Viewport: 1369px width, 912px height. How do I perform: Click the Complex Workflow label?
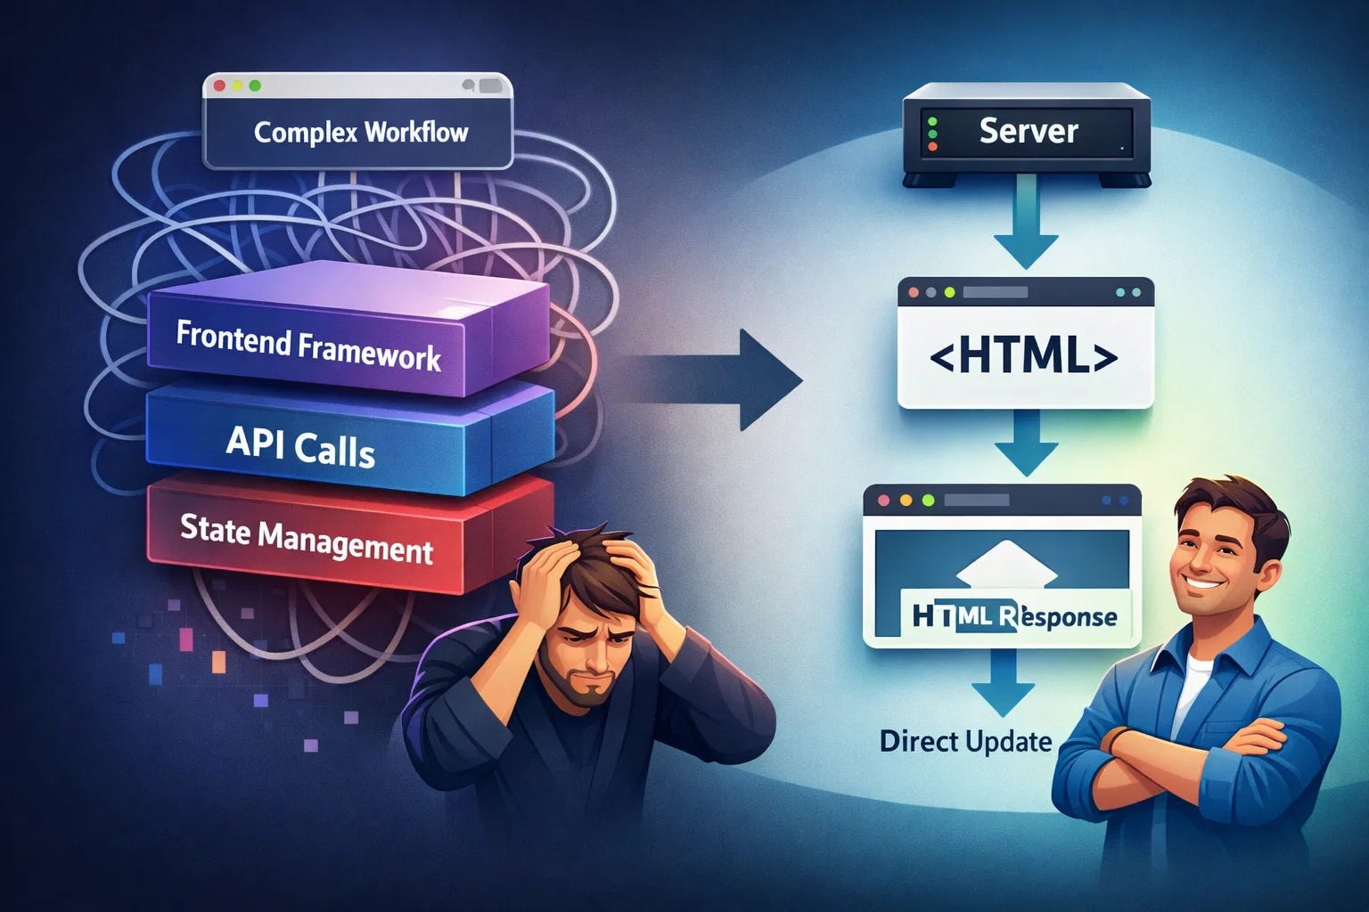[x=361, y=133]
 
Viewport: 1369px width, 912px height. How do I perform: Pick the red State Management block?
[x=349, y=533]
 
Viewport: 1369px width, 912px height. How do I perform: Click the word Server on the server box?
[x=1029, y=131]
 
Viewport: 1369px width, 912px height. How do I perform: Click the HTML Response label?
[x=1014, y=615]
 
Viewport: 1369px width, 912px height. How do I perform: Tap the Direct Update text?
[x=965, y=742]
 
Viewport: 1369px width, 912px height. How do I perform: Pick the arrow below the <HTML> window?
[x=1026, y=443]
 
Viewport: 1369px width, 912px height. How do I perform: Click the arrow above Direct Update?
[x=1003, y=681]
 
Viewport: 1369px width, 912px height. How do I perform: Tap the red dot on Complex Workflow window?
[x=219, y=86]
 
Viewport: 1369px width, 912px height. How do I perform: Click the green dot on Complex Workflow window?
[x=255, y=86]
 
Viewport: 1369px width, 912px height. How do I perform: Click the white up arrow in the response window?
[x=1006, y=566]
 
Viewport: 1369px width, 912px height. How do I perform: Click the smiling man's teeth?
[x=1202, y=582]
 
